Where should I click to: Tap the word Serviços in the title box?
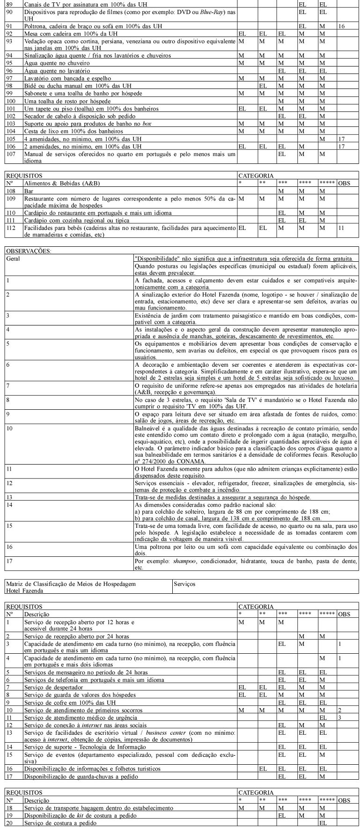[185, 584]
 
